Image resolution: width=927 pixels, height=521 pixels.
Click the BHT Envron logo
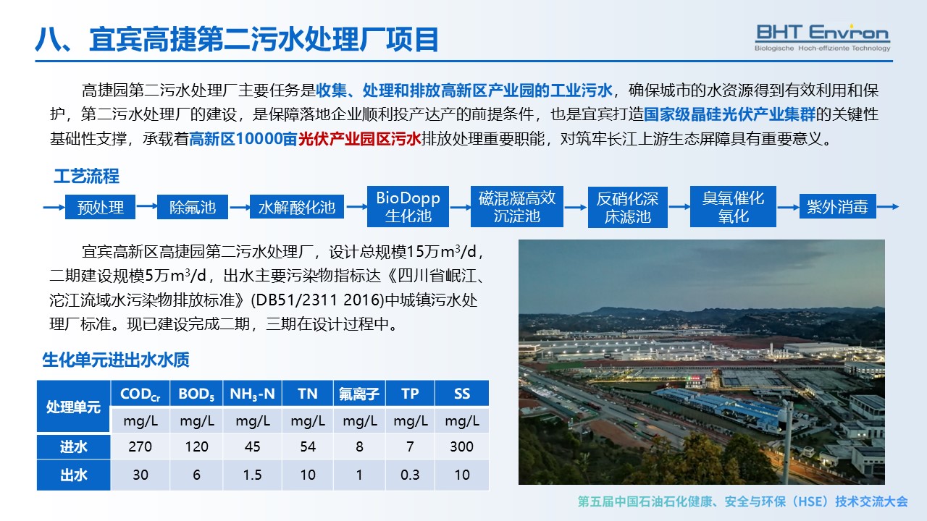tap(822, 38)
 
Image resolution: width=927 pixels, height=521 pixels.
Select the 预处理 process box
tap(100, 207)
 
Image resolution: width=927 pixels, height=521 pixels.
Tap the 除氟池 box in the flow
tap(193, 207)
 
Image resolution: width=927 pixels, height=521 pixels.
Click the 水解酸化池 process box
tap(297, 207)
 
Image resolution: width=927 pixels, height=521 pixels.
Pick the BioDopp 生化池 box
tap(408, 207)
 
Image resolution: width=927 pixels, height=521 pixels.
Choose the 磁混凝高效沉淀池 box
tap(517, 207)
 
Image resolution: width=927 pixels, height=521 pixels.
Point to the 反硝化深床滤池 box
tap(627, 207)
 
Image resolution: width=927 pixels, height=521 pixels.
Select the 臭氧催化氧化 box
tap(733, 207)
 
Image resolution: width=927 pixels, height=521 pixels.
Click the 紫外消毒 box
tap(838, 206)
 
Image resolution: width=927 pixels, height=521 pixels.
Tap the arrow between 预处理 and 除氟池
tap(146, 206)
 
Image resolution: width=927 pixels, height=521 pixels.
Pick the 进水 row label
tap(74, 446)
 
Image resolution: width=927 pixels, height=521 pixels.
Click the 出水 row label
tap(74, 475)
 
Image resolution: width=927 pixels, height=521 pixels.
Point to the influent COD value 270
tap(140, 446)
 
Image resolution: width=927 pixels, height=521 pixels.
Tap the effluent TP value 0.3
tap(410, 475)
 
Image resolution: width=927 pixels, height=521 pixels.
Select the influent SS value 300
tap(461, 446)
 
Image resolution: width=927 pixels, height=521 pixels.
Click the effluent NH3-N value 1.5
tap(252, 475)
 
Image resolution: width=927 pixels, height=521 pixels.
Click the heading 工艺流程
tap(86, 176)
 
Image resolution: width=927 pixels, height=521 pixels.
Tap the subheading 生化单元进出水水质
tap(116, 360)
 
